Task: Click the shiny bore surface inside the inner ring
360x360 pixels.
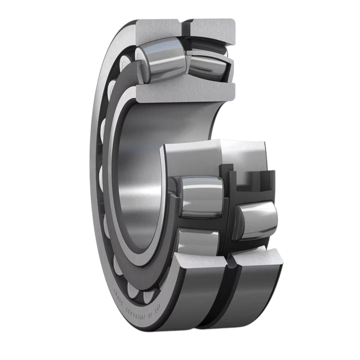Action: coord(139,178)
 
